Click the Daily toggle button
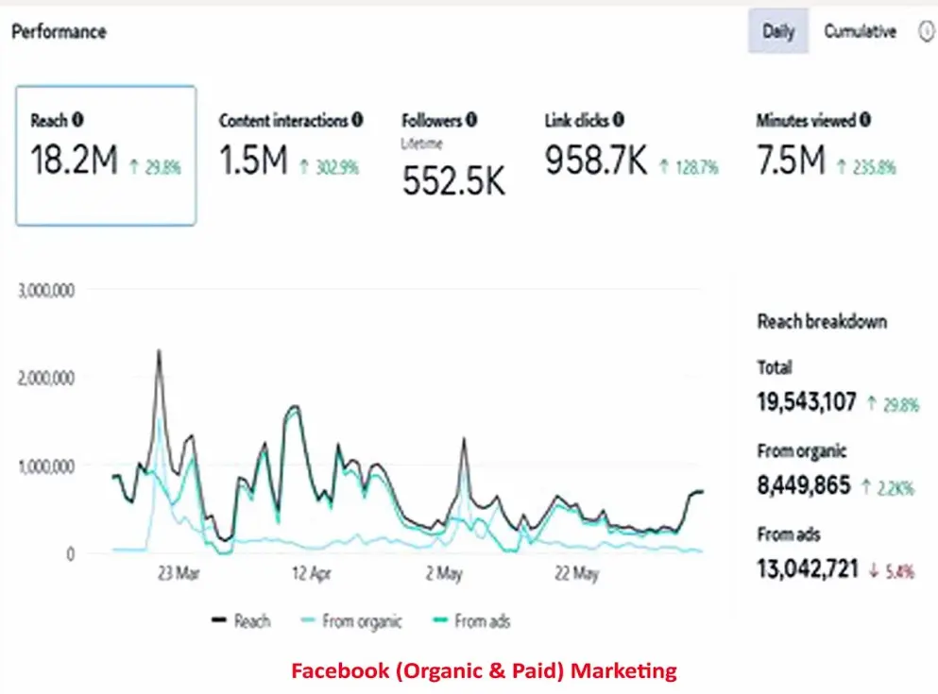click(778, 31)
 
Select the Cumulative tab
click(859, 31)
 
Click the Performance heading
click(59, 31)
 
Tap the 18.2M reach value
click(74, 161)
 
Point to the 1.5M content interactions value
click(253, 161)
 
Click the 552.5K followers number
click(453, 179)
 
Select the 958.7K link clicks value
click(596, 161)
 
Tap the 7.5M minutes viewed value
click(792, 161)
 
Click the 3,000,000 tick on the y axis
click(46, 289)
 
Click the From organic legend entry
click(351, 620)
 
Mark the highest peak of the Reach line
click(159, 351)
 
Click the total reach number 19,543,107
click(807, 402)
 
